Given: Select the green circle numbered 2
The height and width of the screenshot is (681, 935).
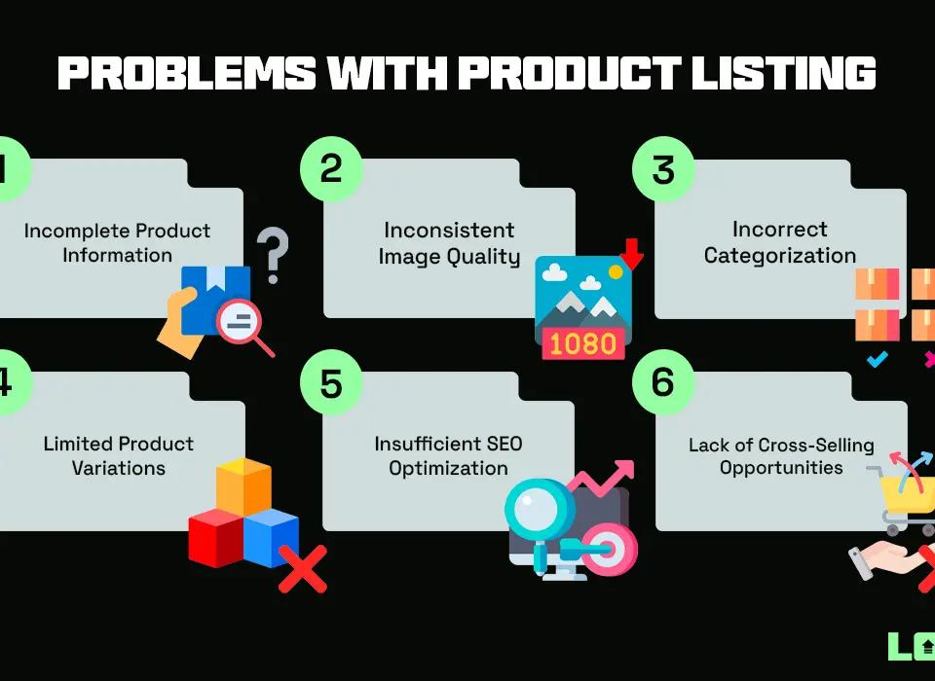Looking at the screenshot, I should click(x=331, y=169).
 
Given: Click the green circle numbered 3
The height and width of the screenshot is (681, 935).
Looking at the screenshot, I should click(x=663, y=169).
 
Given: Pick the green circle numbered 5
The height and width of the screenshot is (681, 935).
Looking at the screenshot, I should click(x=331, y=382).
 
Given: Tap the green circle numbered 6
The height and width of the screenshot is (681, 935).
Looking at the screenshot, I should click(x=663, y=381).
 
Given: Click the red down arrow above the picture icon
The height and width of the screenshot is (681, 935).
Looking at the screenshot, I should click(x=633, y=253).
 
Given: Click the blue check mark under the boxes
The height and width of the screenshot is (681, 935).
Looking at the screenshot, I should click(x=877, y=360).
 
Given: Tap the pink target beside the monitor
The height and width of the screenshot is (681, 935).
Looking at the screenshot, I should click(x=611, y=551).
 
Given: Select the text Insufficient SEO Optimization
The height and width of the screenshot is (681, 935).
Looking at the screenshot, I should click(x=449, y=456).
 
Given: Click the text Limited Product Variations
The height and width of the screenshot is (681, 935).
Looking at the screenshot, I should click(x=119, y=456).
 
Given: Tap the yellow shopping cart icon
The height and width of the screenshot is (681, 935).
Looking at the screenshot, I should click(x=901, y=496).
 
